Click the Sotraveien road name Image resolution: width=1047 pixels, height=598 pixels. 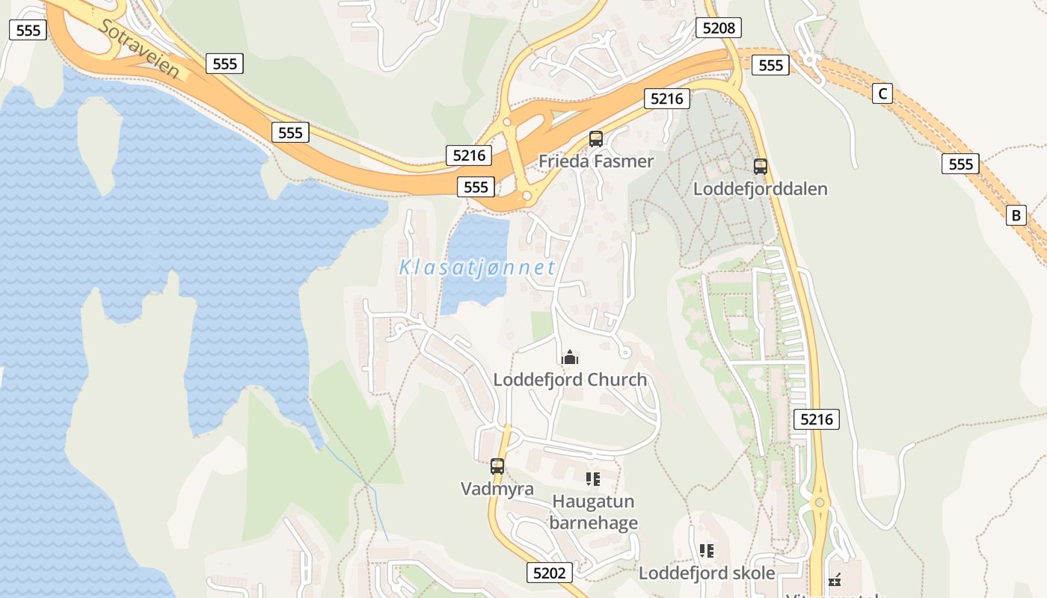139,49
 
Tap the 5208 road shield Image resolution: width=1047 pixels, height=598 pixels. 719,28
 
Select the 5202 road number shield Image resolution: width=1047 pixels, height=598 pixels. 550,573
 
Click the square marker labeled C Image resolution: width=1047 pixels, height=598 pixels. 882,93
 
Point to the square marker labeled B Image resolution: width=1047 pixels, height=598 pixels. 1016,215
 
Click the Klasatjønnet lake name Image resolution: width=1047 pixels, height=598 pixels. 477,267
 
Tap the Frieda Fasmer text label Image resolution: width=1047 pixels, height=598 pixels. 596,161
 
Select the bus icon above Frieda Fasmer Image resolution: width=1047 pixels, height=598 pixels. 596,138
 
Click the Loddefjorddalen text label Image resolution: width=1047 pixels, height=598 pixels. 761,188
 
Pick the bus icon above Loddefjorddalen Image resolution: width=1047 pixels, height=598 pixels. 761,167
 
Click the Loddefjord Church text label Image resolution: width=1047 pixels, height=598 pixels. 570,379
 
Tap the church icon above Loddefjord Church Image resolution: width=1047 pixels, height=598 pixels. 570,357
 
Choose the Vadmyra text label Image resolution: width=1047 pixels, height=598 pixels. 497,489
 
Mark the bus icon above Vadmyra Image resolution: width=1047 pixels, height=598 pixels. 497,466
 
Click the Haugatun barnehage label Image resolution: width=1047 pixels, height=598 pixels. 593,511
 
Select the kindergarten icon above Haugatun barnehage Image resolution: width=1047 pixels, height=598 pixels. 593,478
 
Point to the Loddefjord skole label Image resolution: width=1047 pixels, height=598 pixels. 707,573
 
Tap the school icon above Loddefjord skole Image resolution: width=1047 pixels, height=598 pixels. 707,552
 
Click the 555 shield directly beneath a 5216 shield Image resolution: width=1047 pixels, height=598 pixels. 476,187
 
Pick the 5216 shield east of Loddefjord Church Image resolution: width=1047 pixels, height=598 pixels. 816,419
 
